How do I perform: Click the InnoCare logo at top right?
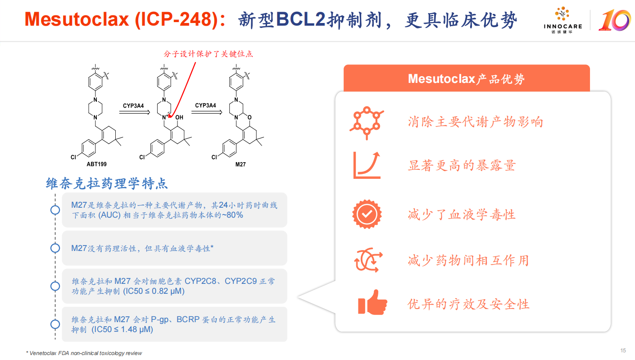562,20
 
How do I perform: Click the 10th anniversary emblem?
615,20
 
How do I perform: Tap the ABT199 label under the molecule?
97,164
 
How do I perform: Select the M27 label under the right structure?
240,164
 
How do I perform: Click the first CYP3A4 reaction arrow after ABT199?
134,112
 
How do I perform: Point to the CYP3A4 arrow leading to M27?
207,112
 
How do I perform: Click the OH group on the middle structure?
179,117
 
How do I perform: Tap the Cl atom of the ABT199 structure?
73,157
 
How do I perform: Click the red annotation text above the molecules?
208,54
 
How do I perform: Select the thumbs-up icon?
372,302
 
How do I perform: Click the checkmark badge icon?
367,214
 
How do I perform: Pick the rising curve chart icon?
367,165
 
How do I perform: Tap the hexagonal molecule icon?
367,123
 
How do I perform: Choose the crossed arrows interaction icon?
368,260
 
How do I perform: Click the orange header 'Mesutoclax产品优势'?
467,78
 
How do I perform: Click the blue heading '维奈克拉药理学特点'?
107,183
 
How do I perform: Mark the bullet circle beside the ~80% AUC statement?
55,210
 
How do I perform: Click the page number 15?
623,351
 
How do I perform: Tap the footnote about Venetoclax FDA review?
84,353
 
